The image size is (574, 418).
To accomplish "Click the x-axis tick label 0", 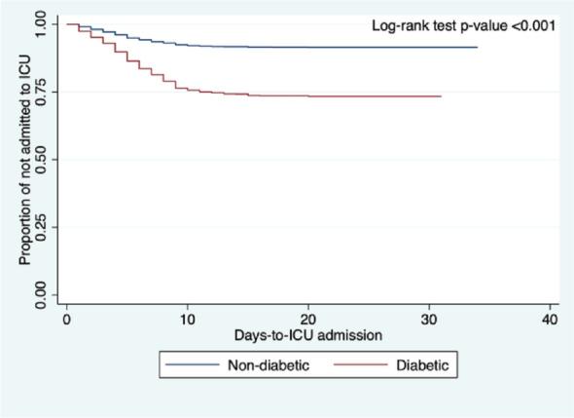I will click(x=66, y=320).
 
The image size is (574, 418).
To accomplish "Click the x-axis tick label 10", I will click(x=187, y=320).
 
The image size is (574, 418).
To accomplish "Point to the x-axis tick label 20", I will click(x=308, y=320).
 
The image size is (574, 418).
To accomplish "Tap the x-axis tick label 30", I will click(x=429, y=320).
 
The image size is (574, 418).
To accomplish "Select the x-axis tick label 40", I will click(x=550, y=320).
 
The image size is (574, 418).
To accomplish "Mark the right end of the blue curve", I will click(x=477, y=47).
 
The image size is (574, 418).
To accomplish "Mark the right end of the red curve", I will click(x=441, y=96).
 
